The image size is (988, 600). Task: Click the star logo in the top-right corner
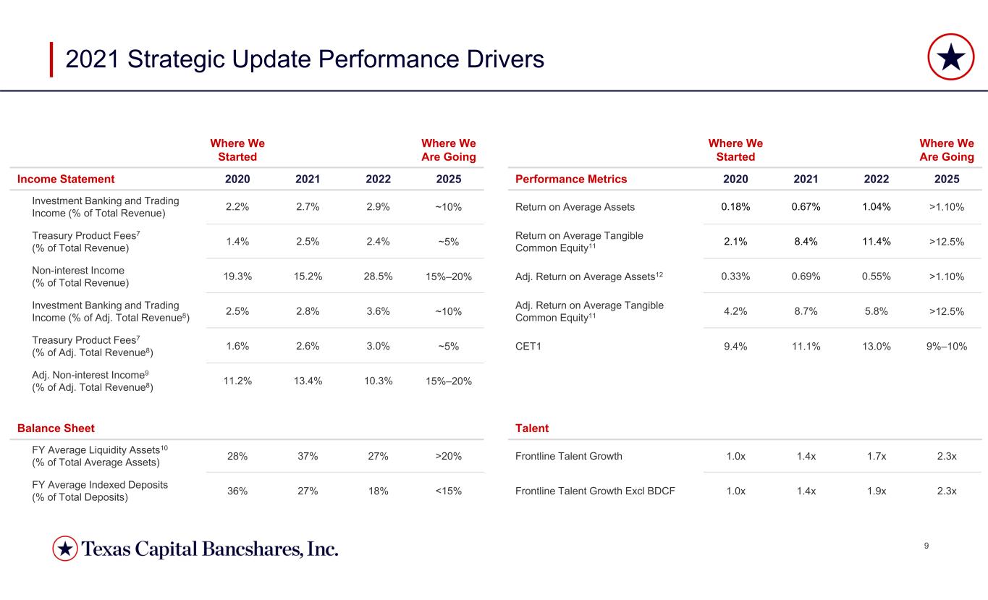click(x=950, y=57)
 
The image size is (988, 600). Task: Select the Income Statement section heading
click(x=66, y=179)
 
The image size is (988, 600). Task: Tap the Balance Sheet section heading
click(x=56, y=428)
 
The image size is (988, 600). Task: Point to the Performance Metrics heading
click(x=571, y=179)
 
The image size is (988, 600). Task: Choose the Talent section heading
click(x=532, y=428)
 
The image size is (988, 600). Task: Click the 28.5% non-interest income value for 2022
click(x=378, y=276)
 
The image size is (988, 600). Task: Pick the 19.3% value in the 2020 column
click(x=237, y=276)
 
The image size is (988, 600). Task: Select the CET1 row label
click(x=528, y=347)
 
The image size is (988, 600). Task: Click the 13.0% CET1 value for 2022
click(x=877, y=347)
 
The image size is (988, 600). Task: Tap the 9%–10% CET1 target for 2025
click(x=947, y=347)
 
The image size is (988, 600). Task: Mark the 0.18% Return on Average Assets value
click(x=735, y=207)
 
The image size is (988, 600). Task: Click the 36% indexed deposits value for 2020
click(x=237, y=491)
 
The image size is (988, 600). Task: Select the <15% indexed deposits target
click(x=448, y=491)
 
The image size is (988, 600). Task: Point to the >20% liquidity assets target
click(x=448, y=456)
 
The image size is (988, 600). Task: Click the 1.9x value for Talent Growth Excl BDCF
click(x=877, y=491)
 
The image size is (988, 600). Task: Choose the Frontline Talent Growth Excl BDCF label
click(x=595, y=491)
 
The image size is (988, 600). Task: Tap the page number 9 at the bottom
click(x=926, y=546)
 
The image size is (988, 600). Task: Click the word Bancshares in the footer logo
click(x=251, y=549)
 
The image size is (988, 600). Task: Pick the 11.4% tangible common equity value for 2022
click(x=877, y=242)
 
